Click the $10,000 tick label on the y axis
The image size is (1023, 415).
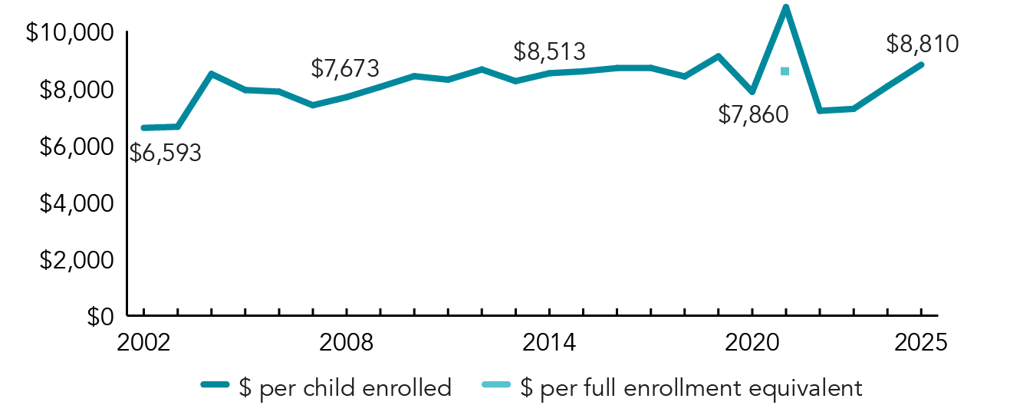[70, 33]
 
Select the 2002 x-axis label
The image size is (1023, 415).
[143, 342]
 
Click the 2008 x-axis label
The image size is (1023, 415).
[347, 342]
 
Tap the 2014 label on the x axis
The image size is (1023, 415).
[549, 342]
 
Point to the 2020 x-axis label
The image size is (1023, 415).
[752, 342]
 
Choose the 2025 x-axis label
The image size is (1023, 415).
[921, 342]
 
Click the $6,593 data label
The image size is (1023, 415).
[165, 153]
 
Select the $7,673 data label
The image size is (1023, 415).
[344, 68]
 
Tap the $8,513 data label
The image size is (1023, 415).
[549, 51]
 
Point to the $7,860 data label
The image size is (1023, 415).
[752, 115]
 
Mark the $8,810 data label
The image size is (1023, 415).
[922, 44]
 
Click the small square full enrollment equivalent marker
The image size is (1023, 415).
[785, 71]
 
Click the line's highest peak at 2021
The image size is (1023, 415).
[785, 8]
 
